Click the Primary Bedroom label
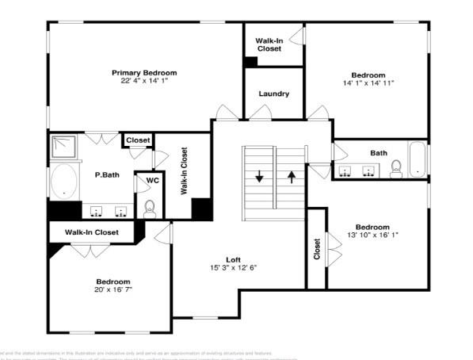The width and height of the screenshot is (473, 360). coord(143,72)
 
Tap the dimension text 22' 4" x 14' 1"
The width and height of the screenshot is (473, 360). coord(143,80)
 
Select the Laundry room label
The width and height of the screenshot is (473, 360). coord(273,94)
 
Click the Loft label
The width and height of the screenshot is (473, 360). coord(233,259)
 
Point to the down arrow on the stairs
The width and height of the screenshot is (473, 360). coord(259,176)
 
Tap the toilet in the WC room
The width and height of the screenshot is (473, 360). coord(149,208)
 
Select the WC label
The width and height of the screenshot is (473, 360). coord(152,180)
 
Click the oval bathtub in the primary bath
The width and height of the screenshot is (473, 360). coord(63,182)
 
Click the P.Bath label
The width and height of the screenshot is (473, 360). coord(107,174)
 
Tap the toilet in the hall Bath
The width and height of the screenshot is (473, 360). coord(397,168)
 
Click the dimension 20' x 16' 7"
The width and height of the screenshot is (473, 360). coord(113,290)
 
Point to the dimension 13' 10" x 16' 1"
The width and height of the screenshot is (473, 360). coord(372,235)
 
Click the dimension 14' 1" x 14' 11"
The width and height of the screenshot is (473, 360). coord(368,82)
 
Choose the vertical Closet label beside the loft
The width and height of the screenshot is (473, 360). coord(317,249)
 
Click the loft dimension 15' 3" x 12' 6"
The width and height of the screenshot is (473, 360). coord(233,268)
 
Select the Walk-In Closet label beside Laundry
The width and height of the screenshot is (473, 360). coord(273,43)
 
